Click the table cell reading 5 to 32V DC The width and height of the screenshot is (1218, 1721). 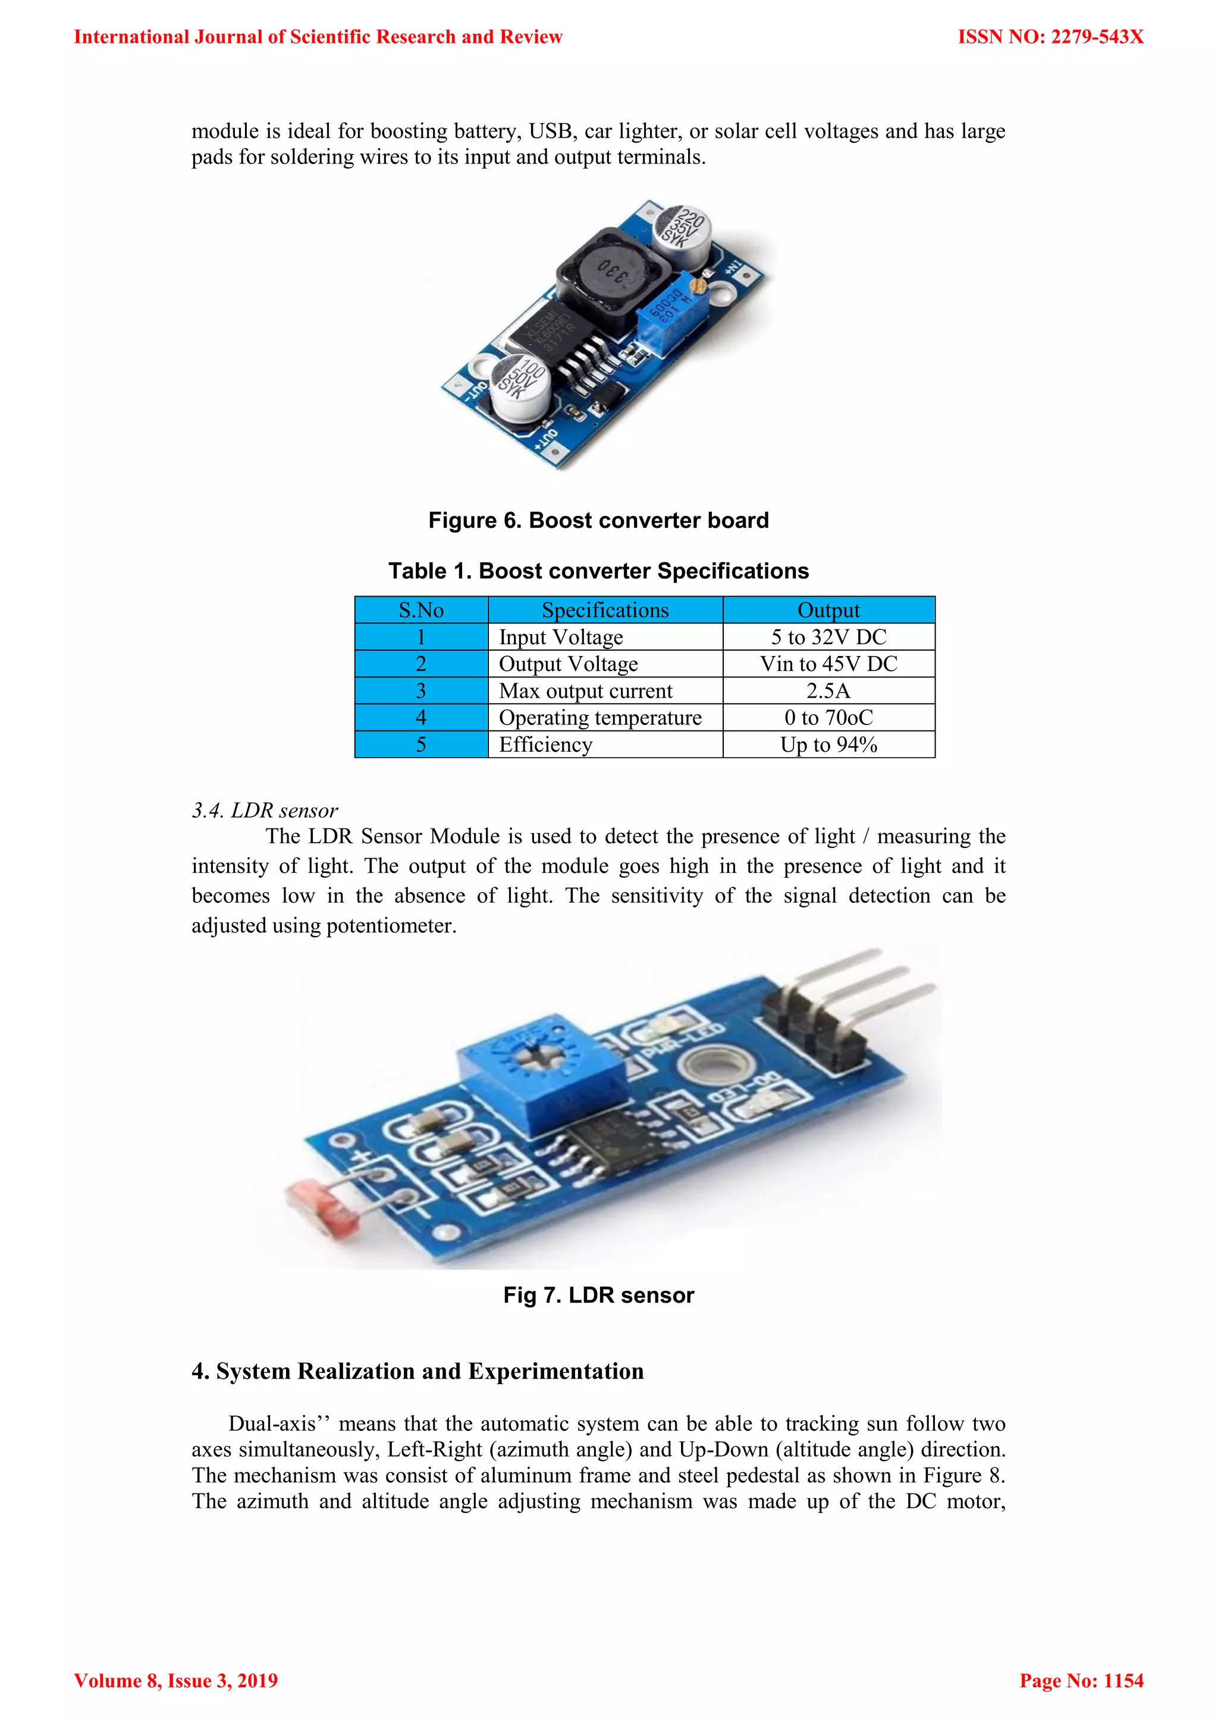pyautogui.click(x=828, y=637)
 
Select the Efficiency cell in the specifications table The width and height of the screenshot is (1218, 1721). pyautogui.click(x=545, y=745)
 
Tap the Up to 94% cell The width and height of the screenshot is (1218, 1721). pyautogui.click(x=828, y=745)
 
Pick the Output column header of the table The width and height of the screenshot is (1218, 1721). pyautogui.click(x=828, y=610)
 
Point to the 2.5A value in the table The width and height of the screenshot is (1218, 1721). pyautogui.click(x=828, y=691)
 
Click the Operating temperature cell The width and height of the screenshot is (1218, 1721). pyautogui.click(x=600, y=718)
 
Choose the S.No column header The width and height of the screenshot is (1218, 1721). pyautogui.click(x=420, y=610)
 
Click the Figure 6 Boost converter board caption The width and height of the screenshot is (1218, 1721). pyautogui.click(x=598, y=520)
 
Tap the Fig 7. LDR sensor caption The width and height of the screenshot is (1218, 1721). pyautogui.click(x=598, y=1296)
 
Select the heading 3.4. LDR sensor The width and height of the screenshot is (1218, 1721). pyautogui.click(x=265, y=810)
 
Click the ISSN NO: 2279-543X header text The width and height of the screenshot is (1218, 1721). pyautogui.click(x=1050, y=37)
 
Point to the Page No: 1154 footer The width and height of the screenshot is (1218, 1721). pyautogui.click(x=1081, y=1681)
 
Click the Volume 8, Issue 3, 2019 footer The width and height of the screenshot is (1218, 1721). pyautogui.click(x=175, y=1681)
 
